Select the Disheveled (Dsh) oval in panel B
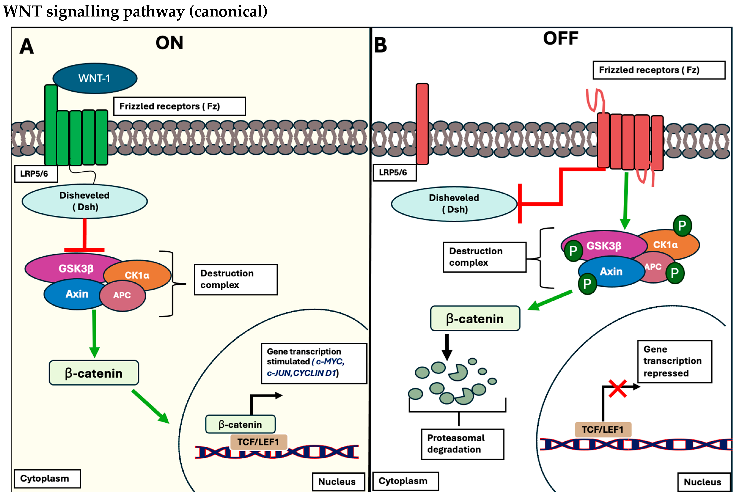coord(454,204)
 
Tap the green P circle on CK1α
coord(682,226)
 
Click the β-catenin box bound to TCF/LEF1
coord(240,424)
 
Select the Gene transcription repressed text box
coord(674,361)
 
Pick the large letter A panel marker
coord(27,46)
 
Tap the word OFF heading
coord(560,38)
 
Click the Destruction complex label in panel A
coord(236,279)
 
